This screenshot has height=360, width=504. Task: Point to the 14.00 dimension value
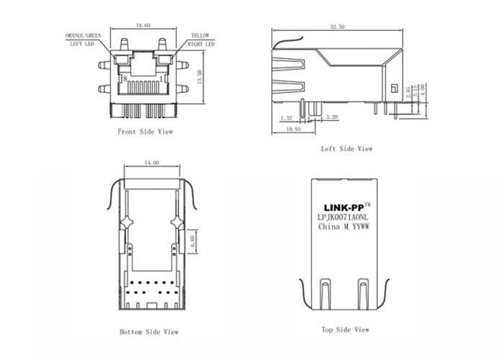[x=150, y=163]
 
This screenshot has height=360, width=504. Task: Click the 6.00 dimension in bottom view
[x=192, y=239]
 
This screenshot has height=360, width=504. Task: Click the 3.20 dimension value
[x=332, y=116]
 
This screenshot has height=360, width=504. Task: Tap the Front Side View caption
[x=145, y=132]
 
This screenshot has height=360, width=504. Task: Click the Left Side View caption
[x=346, y=148]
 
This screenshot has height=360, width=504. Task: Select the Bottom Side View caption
[x=148, y=332]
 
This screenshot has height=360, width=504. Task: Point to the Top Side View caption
[x=345, y=329]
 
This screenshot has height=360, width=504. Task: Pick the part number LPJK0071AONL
[x=344, y=216]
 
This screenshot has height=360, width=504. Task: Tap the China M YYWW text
[x=344, y=227]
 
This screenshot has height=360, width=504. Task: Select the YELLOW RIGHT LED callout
[x=200, y=39]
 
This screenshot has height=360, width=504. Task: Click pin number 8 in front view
[x=125, y=78]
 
